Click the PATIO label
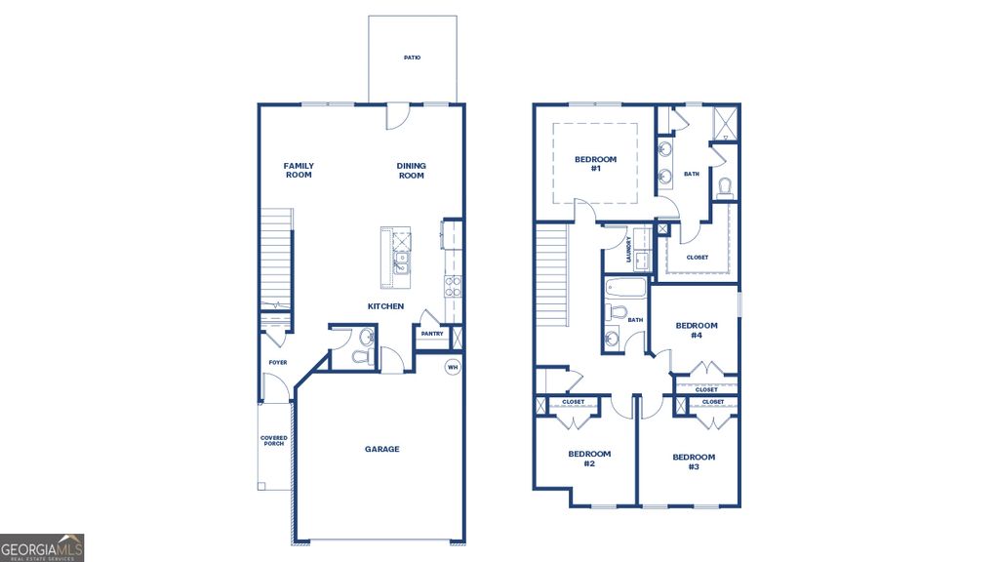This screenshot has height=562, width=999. (412, 58)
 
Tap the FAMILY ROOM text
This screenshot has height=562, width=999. (299, 170)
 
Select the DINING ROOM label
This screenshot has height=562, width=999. (411, 170)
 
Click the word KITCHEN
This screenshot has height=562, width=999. (385, 306)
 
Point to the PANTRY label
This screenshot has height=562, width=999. (432, 334)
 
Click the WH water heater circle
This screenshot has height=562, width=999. (452, 367)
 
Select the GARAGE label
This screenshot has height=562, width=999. (382, 449)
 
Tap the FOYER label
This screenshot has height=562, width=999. (278, 362)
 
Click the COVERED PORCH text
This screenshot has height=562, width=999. (274, 441)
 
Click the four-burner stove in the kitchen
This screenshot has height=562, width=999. (453, 285)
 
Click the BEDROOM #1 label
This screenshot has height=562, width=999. (595, 164)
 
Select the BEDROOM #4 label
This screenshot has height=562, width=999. (697, 330)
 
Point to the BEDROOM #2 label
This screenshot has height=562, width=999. (589, 458)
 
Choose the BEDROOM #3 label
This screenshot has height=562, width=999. (694, 462)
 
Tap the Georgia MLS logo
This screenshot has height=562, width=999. (42, 546)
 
